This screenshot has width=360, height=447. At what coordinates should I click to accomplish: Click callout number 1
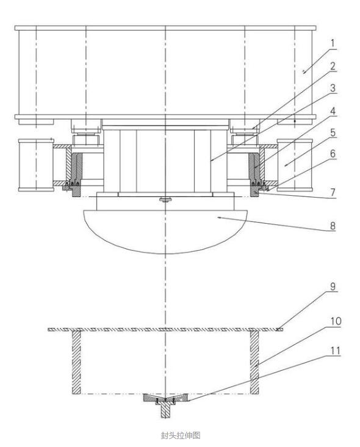333,43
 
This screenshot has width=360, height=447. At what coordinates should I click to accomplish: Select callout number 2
333,66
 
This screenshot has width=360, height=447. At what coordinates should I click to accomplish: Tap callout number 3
333,88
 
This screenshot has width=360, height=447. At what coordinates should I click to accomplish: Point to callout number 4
333,111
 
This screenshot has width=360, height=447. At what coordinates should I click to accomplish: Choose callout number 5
333,132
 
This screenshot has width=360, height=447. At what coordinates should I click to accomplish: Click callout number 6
333,154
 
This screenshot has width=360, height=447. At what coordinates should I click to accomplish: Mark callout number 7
333,192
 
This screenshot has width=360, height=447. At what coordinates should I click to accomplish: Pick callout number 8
333,226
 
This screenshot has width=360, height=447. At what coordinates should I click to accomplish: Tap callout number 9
333,287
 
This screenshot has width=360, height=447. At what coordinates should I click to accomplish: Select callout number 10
336,321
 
